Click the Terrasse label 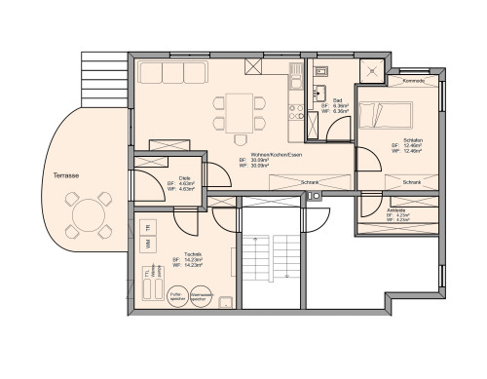[x=66, y=175]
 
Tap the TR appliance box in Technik [x=148, y=229]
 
